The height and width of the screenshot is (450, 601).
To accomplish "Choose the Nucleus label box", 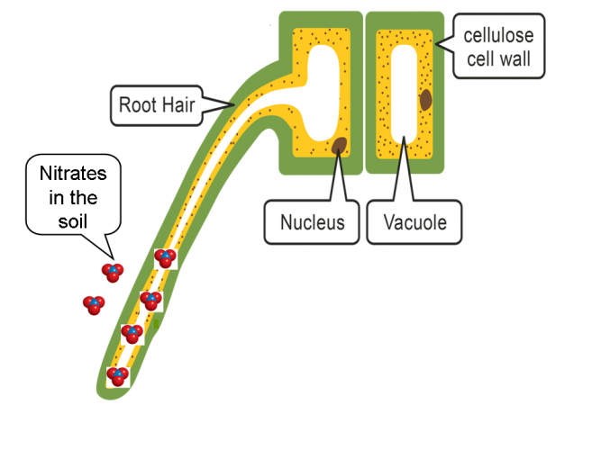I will pyautogui.click(x=311, y=221).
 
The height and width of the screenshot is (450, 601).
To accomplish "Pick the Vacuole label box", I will pyautogui.click(x=414, y=221).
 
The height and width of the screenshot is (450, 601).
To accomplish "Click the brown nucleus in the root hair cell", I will pyautogui.click(x=341, y=144).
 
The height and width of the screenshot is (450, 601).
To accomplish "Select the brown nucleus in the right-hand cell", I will pyautogui.click(x=424, y=98).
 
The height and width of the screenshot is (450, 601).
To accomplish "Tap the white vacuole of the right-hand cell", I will pyautogui.click(x=405, y=99).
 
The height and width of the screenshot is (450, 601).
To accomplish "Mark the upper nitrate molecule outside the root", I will pyautogui.click(x=113, y=271).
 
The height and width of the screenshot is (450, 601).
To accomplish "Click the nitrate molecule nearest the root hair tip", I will pyautogui.click(x=117, y=376).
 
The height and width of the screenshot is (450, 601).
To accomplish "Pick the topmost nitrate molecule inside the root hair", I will pyautogui.click(x=165, y=259).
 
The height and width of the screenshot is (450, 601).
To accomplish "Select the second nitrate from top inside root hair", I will pyautogui.click(x=150, y=300).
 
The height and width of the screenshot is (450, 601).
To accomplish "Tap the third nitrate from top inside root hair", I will pyautogui.click(x=132, y=334).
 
